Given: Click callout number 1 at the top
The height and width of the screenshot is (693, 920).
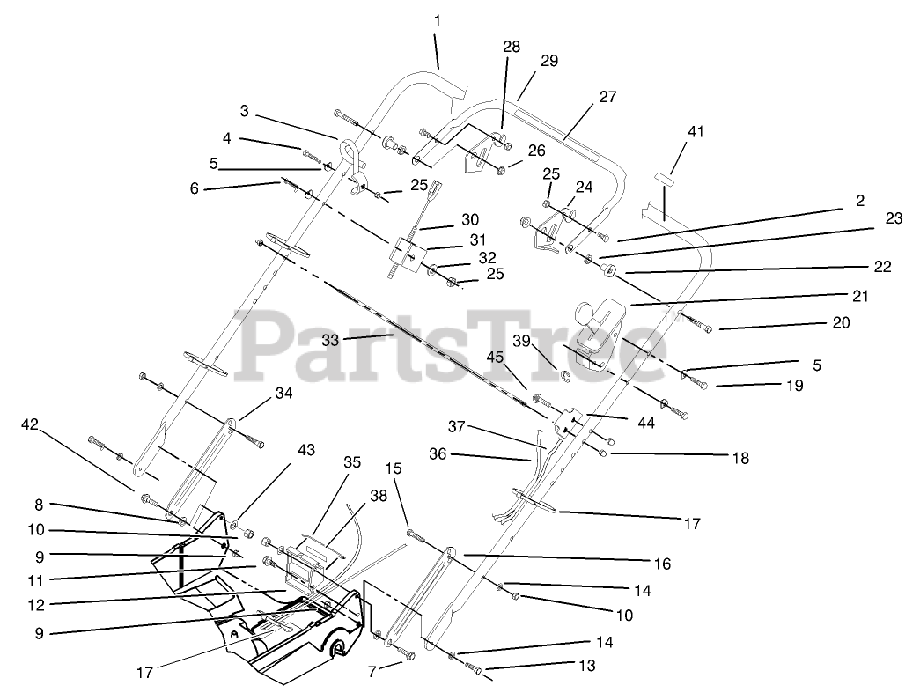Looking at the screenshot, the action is point(438,19).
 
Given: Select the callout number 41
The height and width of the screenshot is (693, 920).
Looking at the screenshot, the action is point(696,131).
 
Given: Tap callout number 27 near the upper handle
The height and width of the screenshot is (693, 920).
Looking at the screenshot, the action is point(608,97).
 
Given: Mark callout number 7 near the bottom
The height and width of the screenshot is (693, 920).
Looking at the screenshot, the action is point(372,671).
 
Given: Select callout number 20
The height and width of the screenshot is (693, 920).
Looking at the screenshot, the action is point(841,323).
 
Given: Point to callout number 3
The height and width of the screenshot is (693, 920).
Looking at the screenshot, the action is point(245,111).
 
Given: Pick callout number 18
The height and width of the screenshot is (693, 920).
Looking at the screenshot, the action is point(740,458).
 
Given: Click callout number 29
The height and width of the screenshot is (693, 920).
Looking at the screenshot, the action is point(550,61).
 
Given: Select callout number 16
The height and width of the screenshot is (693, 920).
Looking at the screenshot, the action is point(662,563).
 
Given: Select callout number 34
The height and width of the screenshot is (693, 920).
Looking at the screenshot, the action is point(283,393).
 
